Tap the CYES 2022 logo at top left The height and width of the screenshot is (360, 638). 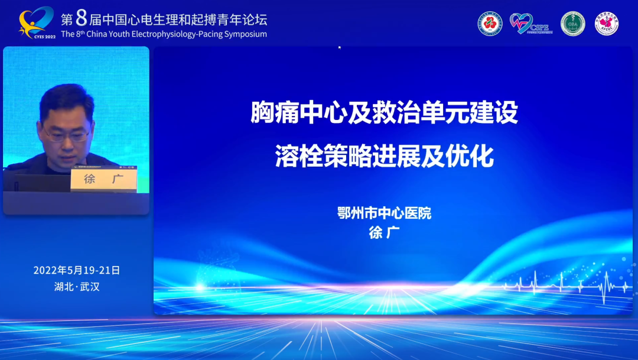pos(37,23)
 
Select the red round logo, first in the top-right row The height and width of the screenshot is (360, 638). pos(490,24)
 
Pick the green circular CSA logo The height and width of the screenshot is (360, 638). pos(572,24)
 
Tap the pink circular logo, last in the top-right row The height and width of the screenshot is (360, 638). pos(607,24)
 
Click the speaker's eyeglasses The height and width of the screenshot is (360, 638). pos(67,135)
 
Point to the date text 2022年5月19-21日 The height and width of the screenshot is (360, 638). pos(77,270)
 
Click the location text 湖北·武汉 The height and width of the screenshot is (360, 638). pos(77,287)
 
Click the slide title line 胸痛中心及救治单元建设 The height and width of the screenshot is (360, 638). pos(384,113)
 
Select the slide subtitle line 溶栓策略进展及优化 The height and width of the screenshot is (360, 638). pos(384,157)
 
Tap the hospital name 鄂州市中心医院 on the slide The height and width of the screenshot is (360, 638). pos(384,213)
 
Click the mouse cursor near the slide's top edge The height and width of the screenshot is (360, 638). pos(340,47)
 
